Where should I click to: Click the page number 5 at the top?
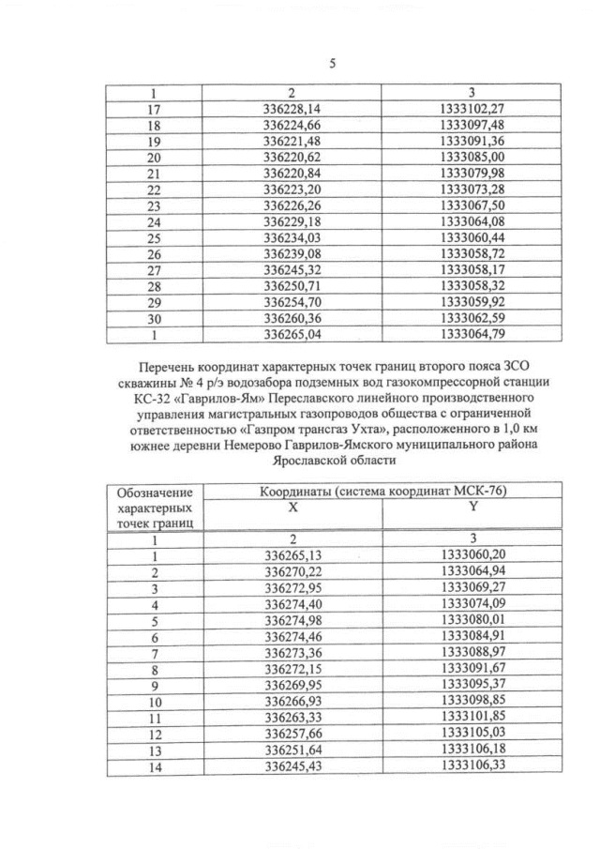(332, 64)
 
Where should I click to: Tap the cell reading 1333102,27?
(472, 109)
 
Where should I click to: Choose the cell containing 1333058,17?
(472, 270)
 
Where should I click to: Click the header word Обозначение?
(155, 492)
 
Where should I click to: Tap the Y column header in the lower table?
(472, 507)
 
